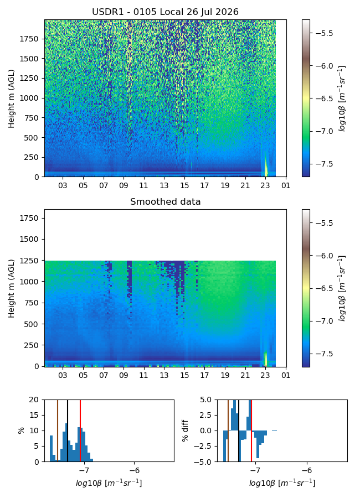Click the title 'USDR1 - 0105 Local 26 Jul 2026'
click(166, 12)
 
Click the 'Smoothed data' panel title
click(166, 201)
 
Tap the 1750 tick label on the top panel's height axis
click(29, 39)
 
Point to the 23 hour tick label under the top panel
click(265, 185)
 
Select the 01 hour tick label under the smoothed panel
click(286, 375)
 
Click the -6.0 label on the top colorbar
click(324, 66)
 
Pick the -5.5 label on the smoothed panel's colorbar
click(324, 223)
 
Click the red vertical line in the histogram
click(80, 430)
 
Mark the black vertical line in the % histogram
click(68, 430)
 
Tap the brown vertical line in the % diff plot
click(228, 430)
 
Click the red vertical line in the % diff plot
click(251, 430)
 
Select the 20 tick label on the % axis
click(34, 400)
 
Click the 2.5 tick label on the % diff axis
click(205, 415)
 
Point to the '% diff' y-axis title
click(186, 430)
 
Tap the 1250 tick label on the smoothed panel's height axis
click(29, 261)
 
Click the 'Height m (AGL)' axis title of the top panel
click(12, 99)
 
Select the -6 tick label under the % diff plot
click(307, 470)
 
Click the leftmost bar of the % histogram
click(51, 448)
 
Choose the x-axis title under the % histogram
click(109, 483)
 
